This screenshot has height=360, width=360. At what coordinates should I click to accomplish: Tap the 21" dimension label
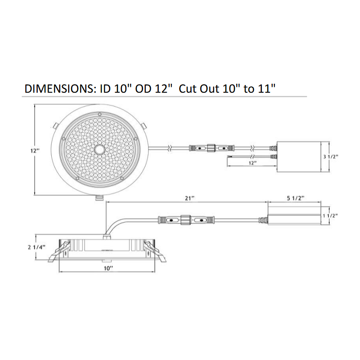(x=189, y=198)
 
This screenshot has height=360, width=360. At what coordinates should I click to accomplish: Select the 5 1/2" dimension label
(x=296, y=198)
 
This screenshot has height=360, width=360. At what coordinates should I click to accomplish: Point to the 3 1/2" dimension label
(x=331, y=157)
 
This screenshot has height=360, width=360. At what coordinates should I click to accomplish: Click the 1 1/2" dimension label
(x=330, y=216)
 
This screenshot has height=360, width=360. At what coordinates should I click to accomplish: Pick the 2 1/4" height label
(x=36, y=247)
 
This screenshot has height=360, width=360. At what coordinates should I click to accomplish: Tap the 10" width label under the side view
(x=108, y=268)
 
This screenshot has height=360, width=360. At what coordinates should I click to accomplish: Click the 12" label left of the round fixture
(x=35, y=151)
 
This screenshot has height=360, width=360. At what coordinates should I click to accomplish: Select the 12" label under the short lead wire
(x=252, y=163)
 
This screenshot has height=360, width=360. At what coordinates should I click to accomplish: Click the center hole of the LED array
(x=100, y=149)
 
